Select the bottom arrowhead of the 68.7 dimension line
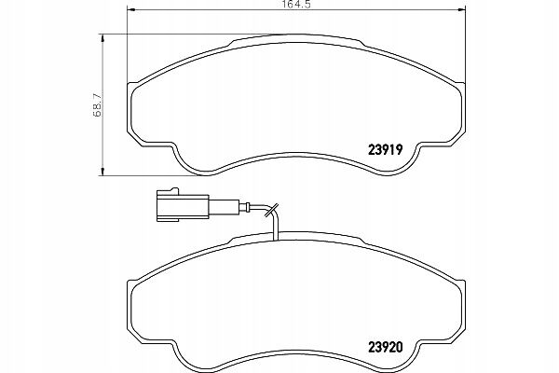(x=102, y=170)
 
